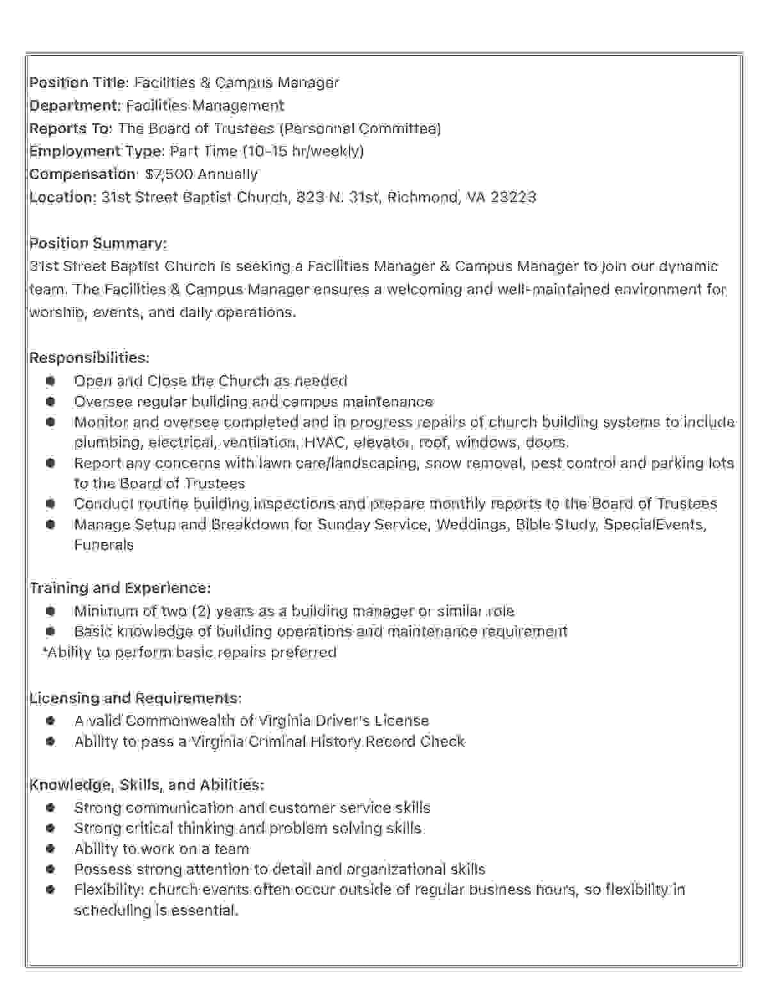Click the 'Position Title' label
79,82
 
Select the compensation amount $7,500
169,174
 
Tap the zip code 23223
513,197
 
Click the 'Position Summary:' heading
98,243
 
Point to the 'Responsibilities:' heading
89,357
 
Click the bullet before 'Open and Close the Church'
51,381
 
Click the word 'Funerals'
104,545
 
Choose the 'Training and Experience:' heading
120,588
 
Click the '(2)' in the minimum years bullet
201,611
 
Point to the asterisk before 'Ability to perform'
45,651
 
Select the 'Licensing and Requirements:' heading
135,698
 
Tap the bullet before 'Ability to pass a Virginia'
51,742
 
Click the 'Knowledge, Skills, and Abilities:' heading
147,785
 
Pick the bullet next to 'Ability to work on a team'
51,849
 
